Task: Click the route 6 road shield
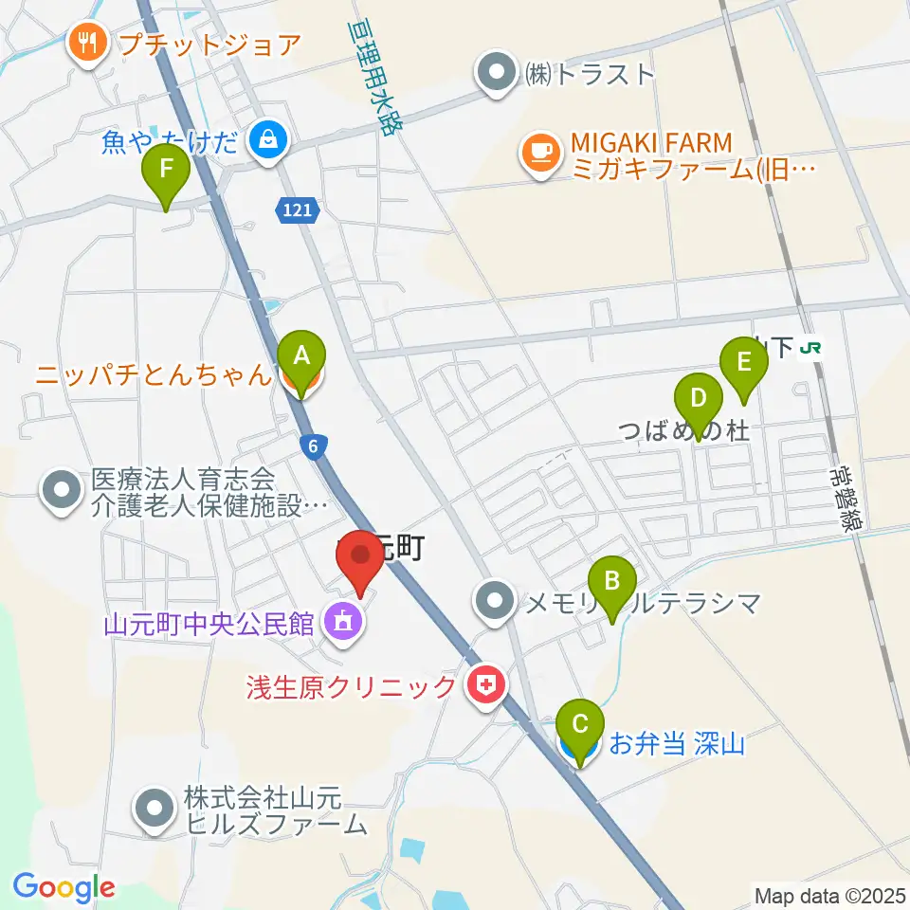313,446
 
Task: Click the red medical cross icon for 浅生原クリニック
486,686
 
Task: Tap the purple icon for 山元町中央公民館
341,624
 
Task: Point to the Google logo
64,888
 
